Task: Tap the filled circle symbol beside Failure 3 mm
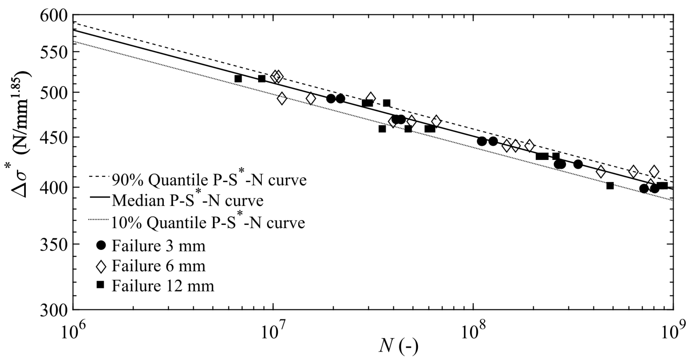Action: tap(101, 245)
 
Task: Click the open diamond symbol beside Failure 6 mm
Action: tap(101, 267)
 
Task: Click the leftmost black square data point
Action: tap(238, 79)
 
